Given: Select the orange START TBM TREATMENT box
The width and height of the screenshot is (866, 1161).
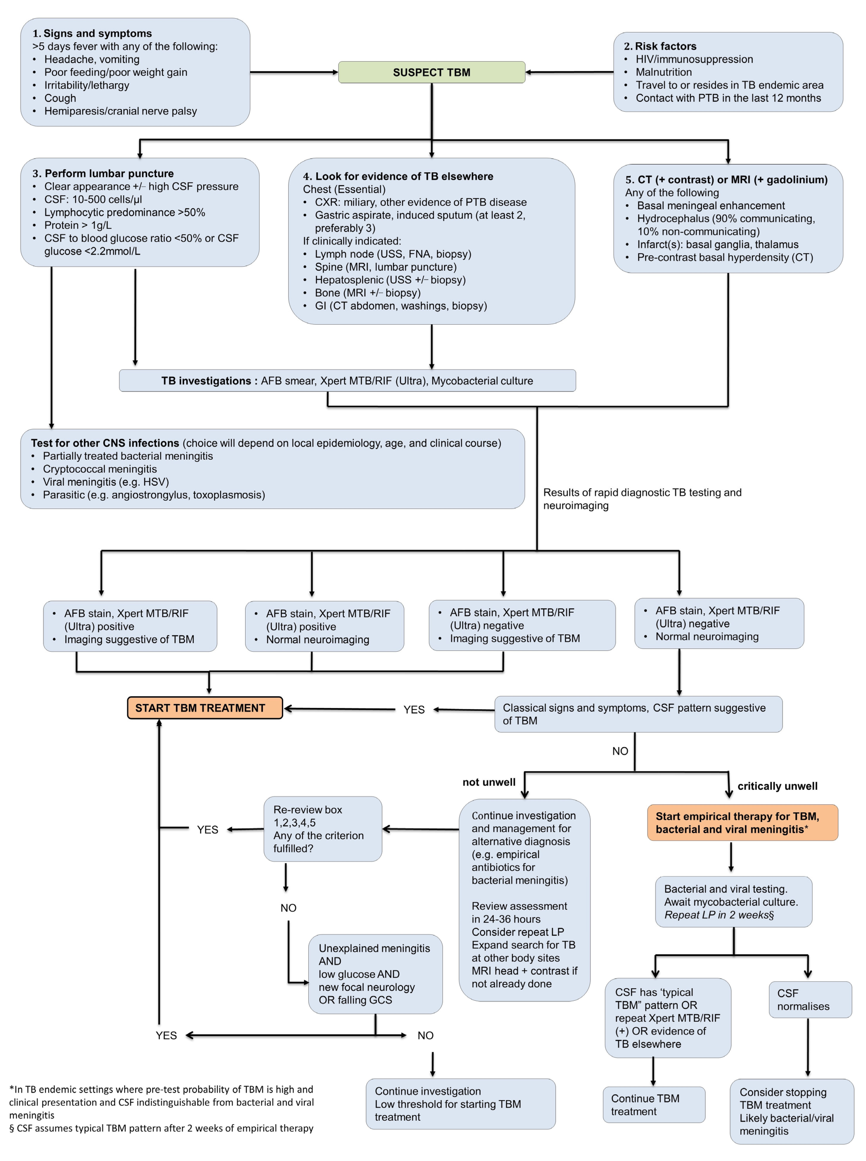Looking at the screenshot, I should (204, 708).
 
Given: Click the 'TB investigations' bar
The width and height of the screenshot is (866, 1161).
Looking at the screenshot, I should (347, 381).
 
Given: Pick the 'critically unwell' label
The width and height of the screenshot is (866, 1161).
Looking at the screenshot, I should (777, 786).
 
